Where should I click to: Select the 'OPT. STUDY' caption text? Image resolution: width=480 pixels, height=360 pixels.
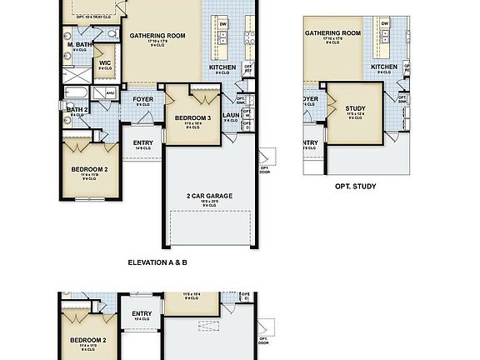coord(355,187)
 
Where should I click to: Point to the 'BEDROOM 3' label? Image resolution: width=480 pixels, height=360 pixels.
coord(192,118)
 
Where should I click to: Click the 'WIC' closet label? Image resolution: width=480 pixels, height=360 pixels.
coord(105,62)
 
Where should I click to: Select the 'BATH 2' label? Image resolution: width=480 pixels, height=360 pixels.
coord(77,109)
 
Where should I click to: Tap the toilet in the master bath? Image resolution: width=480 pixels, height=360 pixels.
coord(111,34)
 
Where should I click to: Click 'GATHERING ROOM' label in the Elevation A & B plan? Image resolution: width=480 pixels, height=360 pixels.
coord(157,34)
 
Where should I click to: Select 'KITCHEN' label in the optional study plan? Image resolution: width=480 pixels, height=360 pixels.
coord(384,67)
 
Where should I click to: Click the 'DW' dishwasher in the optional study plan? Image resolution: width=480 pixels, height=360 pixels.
coord(386,24)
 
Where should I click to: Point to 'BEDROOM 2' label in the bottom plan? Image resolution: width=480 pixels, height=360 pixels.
coord(87,340)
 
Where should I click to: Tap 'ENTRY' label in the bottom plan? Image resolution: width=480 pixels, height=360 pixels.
coord(141,313)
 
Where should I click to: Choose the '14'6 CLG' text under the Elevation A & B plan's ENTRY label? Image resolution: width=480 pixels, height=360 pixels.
coord(142,148)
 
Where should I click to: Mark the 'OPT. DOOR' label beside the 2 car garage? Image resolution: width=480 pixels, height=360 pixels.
coord(264,172)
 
